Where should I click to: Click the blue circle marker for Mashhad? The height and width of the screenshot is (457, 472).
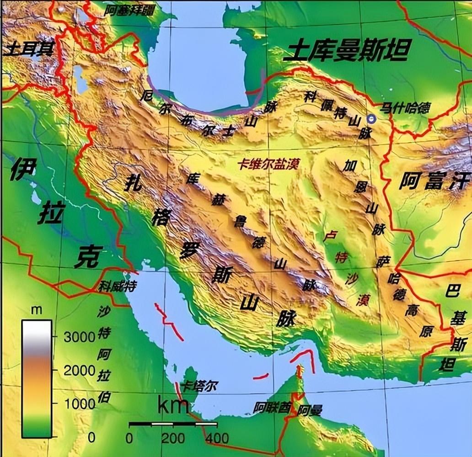pyautogui.click(x=370, y=119)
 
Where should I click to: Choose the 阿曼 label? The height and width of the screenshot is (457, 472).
pyautogui.click(x=310, y=410)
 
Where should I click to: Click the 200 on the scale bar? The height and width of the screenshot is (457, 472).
pyautogui.click(x=172, y=438)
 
